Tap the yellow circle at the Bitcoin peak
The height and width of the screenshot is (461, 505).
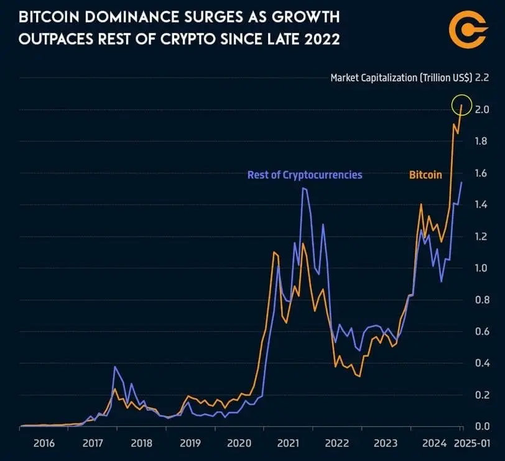(461, 104)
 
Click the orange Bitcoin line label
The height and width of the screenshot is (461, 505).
(425, 175)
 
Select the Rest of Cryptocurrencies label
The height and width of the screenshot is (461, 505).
(305, 175)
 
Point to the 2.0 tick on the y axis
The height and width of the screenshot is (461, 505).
(482, 109)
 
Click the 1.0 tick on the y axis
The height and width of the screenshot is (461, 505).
(482, 268)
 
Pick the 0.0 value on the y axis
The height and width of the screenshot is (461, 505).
(482, 426)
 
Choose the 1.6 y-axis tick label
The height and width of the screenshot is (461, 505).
(482, 173)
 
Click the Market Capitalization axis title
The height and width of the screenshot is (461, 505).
(401, 78)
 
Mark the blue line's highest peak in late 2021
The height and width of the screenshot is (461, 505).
(303, 188)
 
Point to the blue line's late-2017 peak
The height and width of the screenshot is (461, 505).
(115, 367)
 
